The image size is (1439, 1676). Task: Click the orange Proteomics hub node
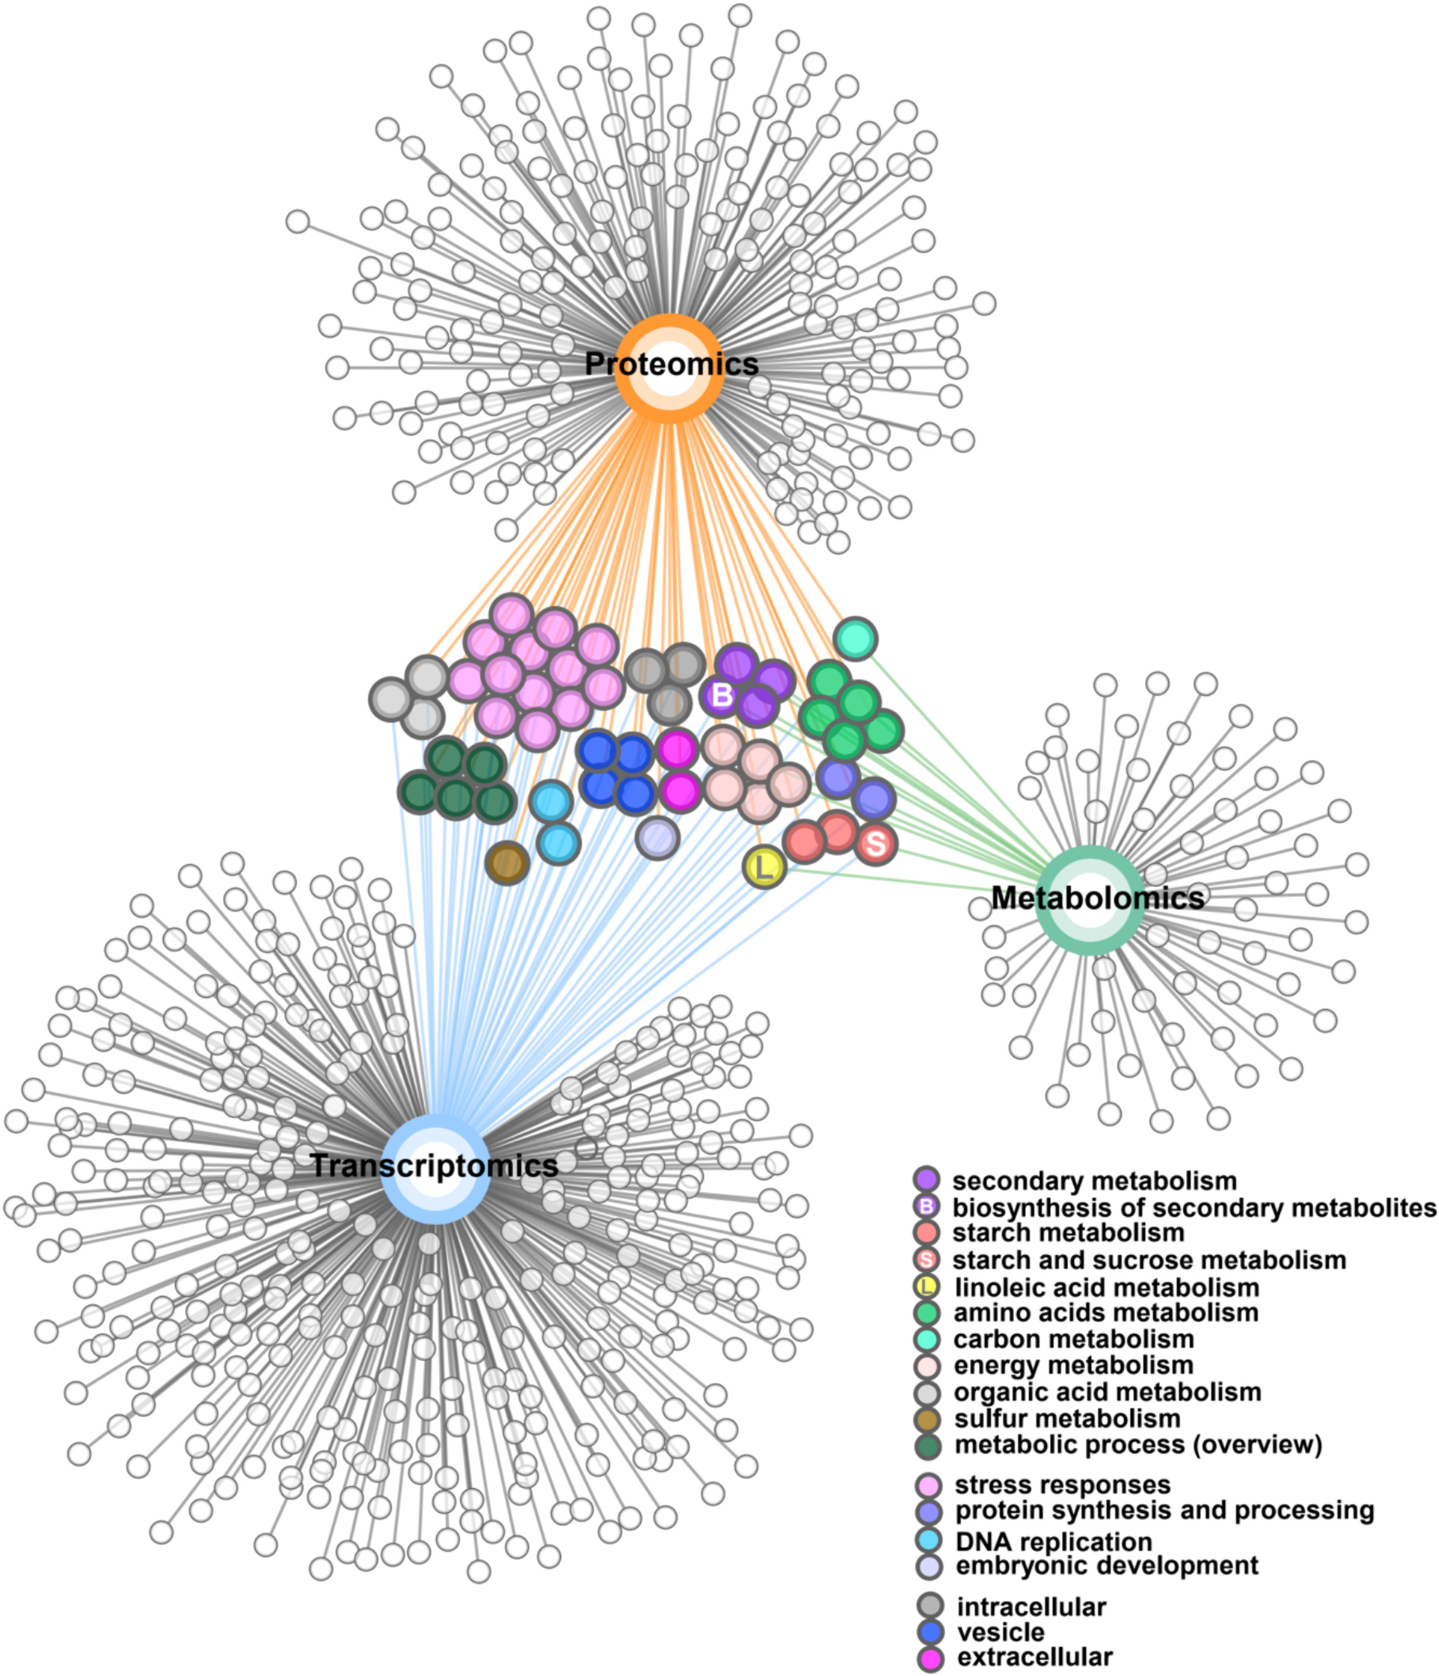[x=669, y=368]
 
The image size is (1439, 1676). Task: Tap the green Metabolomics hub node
[x=1091, y=900]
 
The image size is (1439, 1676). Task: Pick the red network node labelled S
[x=875, y=845]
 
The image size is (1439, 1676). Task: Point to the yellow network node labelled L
[x=765, y=867]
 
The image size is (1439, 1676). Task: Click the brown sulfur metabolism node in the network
[x=507, y=862]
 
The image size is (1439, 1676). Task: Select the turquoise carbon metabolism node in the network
[x=855, y=639]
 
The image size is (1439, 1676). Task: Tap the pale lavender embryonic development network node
[x=657, y=837]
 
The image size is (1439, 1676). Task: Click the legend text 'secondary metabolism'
[x=1093, y=1181]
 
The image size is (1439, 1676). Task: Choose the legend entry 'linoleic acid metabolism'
[x=1107, y=1287]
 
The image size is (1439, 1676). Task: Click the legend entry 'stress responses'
[x=1062, y=1485]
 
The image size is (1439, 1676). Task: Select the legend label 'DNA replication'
[x=1053, y=1542]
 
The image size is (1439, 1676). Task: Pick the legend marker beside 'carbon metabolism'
[x=927, y=1339]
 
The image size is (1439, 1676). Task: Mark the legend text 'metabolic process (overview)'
[x=1138, y=1444]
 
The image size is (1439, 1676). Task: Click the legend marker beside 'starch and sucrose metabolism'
[x=927, y=1259]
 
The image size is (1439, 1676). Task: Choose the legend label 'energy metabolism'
[x=1073, y=1366]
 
